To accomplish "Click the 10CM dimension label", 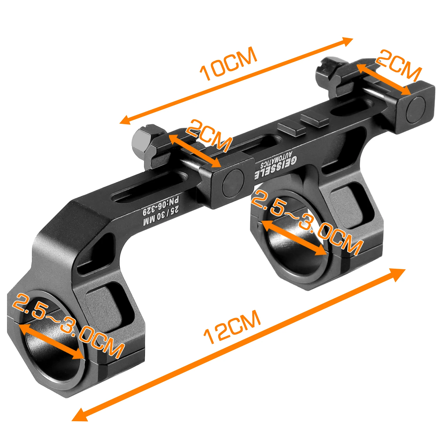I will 228,64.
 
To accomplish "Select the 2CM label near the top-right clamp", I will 399,66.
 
